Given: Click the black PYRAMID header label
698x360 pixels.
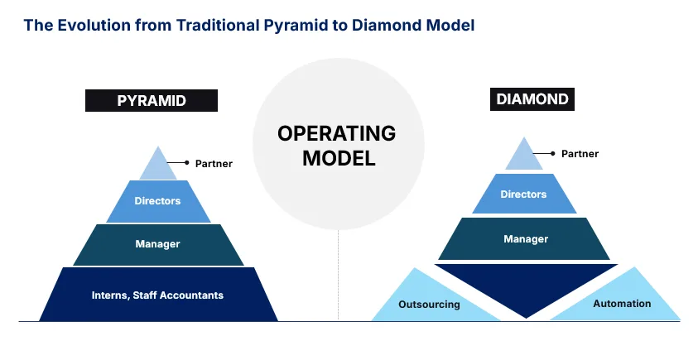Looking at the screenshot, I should (152, 101).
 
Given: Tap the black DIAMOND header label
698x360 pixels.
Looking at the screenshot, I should (532, 100).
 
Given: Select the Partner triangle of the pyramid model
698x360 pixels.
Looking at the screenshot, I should (158, 166).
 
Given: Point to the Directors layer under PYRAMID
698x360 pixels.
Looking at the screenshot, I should (157, 201).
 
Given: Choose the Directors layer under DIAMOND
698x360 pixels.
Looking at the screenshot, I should (523, 194).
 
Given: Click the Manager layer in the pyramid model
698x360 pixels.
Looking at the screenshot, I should (157, 244).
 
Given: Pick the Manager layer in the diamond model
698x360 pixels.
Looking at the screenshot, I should (525, 239).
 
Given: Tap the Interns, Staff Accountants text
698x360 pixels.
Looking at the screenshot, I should (157, 295).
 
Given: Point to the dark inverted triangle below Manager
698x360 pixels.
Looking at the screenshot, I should (526, 286).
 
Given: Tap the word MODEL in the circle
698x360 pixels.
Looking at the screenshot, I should (338, 159).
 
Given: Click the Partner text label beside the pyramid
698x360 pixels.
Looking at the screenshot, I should (214, 164).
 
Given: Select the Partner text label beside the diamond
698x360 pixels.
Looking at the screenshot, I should (580, 154).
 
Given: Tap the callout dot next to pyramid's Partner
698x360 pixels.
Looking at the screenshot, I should (186, 163).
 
